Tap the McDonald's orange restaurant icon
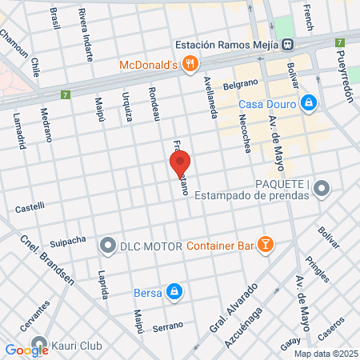tap(190, 65)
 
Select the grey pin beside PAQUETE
tap(322, 190)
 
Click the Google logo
tap(26, 349)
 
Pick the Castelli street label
tap(30, 209)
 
